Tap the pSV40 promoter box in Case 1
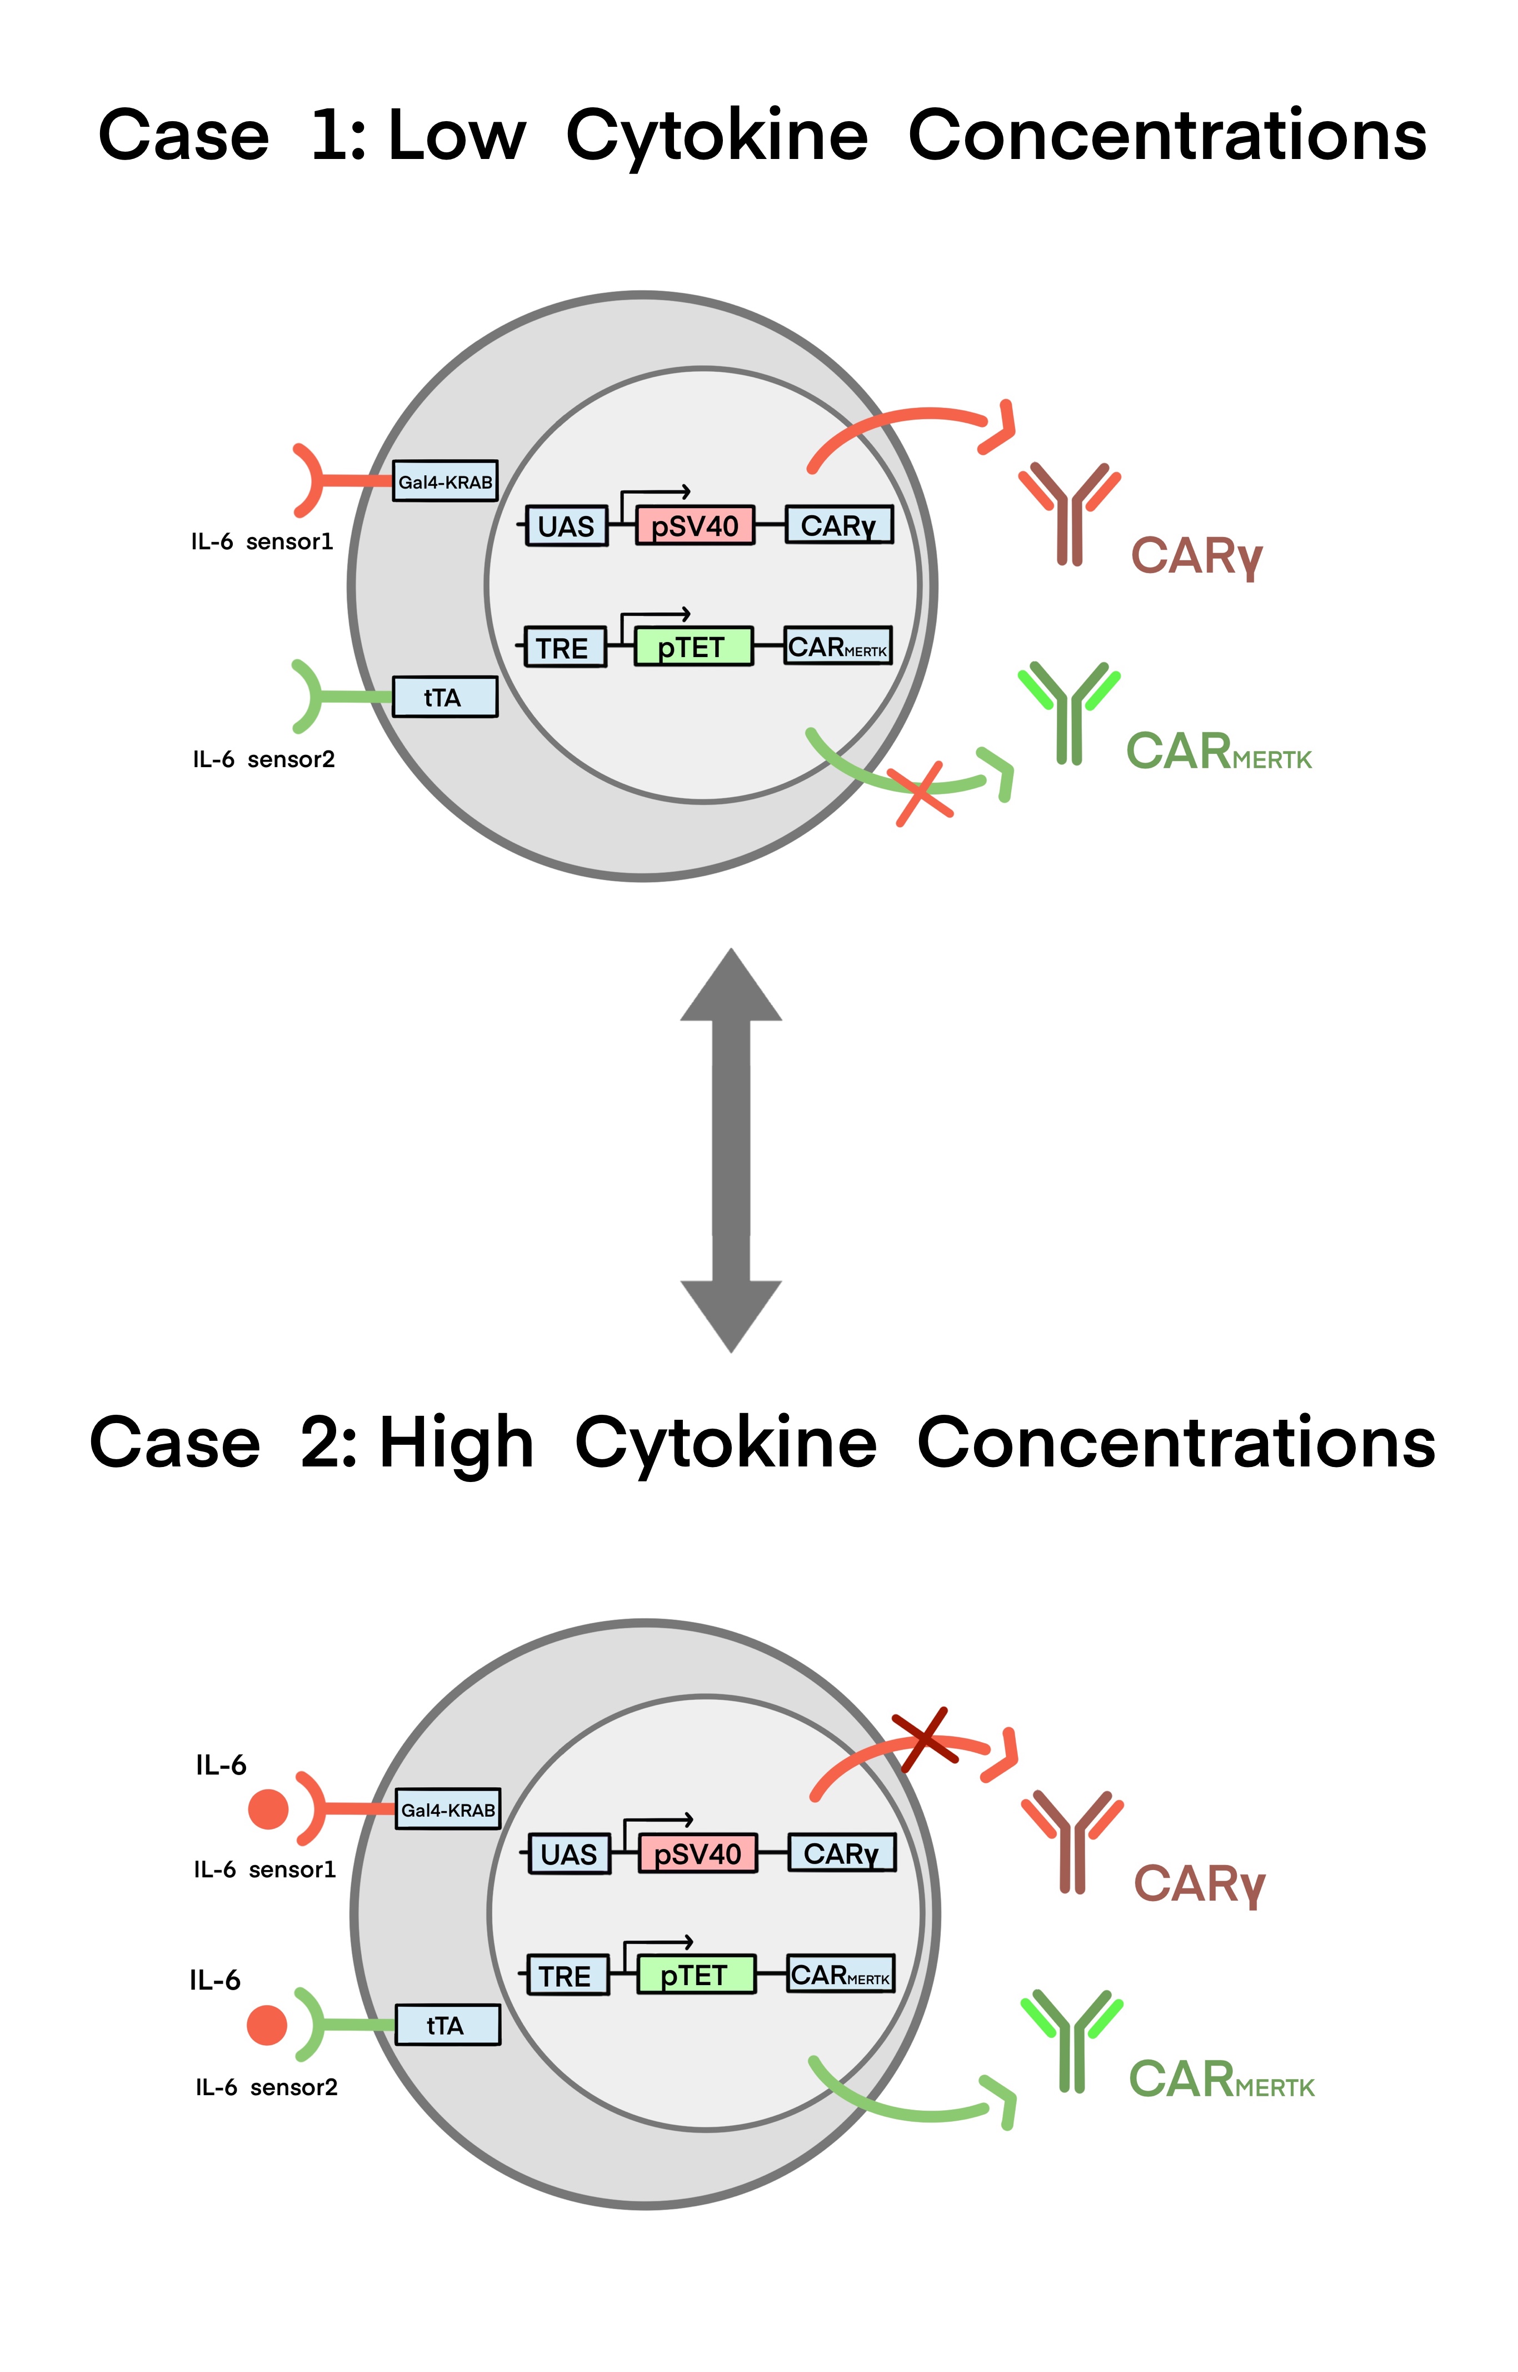point(695,525)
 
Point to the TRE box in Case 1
point(564,648)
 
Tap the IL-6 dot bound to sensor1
point(268,1809)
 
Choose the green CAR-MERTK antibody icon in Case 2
point(1071,2040)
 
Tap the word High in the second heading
point(456,1443)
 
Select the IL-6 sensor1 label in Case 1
point(262,541)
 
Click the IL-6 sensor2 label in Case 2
point(266,2087)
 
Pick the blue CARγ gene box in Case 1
point(839,525)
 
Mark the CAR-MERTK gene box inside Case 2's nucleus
point(841,1975)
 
